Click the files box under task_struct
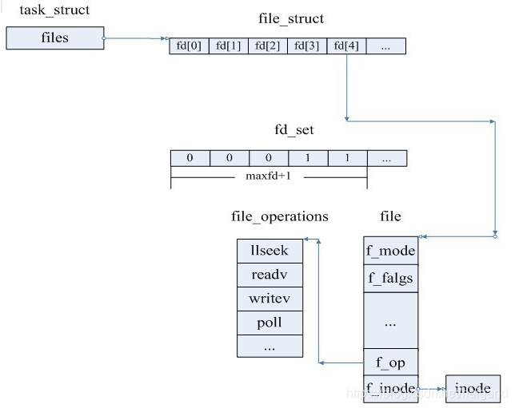point(55,37)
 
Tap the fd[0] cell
point(190,46)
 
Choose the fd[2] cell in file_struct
point(268,46)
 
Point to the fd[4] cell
point(346,46)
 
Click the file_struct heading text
point(291,18)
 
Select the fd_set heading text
point(294,129)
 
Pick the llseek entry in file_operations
point(269,251)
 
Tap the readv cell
point(269,275)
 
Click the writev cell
point(269,299)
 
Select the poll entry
point(269,323)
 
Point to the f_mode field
point(390,251)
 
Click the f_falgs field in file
point(390,279)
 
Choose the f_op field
point(390,362)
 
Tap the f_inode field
point(390,389)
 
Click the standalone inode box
point(472,389)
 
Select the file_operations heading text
point(279,216)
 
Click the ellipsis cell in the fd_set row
point(386,158)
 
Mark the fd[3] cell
point(307,46)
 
